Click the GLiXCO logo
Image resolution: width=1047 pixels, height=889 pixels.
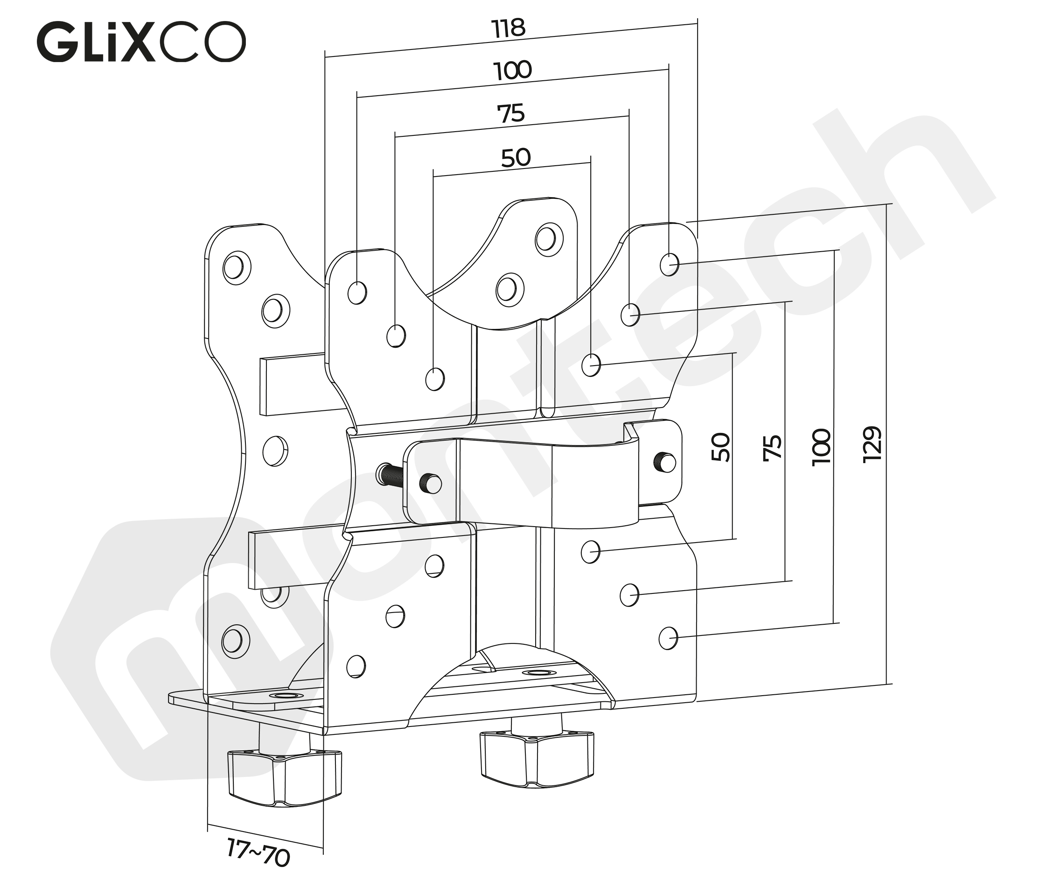coord(141,42)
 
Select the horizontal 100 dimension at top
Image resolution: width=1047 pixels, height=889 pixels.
coord(512,71)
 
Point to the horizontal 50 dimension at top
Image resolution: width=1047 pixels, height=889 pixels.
coord(515,158)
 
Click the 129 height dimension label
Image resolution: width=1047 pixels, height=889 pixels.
coord(872,444)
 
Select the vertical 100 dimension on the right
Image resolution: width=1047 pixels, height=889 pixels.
coord(821,446)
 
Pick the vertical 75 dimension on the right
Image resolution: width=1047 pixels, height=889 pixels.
coord(772,447)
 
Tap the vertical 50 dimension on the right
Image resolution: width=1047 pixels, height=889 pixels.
coord(720,446)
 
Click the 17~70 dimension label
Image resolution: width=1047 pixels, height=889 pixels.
coord(258,852)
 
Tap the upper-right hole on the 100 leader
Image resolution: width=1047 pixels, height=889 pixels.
coord(669,264)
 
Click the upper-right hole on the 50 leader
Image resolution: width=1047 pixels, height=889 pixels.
coord(591,365)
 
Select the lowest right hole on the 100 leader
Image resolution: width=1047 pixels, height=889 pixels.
coord(668,638)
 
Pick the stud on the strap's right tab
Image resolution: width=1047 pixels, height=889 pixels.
coord(666,462)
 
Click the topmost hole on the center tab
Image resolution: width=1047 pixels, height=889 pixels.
coord(548,239)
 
